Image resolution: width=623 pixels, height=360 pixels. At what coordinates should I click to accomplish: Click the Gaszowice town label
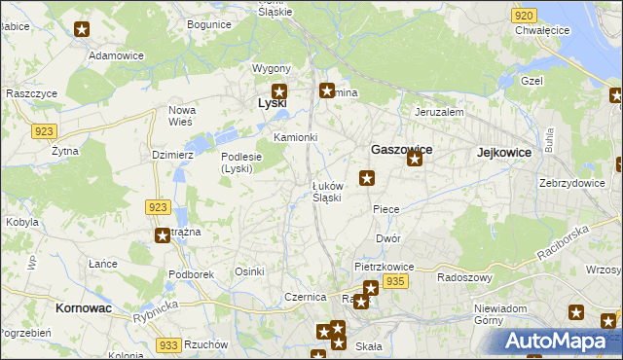(x=401, y=150)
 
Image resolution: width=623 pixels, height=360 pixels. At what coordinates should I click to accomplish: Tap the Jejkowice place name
(x=504, y=152)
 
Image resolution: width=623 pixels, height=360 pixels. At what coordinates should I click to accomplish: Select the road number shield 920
(x=524, y=16)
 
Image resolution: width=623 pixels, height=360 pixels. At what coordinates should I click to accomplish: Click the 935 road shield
(x=394, y=280)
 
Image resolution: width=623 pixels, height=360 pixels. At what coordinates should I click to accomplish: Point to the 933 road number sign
(x=168, y=344)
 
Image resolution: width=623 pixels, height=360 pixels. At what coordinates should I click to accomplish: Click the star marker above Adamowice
(x=82, y=30)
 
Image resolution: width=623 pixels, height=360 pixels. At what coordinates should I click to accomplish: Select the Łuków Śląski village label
(x=326, y=192)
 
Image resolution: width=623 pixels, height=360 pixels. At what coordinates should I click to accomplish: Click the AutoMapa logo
(x=562, y=341)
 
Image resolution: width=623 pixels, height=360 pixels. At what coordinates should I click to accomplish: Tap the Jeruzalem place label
(x=438, y=112)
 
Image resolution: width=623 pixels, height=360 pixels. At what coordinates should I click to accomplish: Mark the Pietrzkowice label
(x=385, y=266)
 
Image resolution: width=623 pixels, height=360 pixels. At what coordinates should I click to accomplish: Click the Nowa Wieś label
(x=182, y=116)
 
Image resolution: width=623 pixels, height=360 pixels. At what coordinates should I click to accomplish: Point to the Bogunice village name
(x=209, y=23)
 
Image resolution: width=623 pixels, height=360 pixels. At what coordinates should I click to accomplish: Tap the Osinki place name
(x=249, y=271)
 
